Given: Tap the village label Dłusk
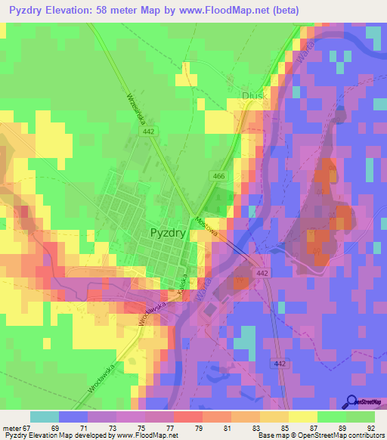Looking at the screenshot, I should click(x=235, y=95).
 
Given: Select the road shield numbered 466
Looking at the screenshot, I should click(x=218, y=176).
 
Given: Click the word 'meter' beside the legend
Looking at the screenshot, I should click(x=11, y=428).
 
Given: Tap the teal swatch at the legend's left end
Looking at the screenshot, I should click(x=44, y=417).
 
